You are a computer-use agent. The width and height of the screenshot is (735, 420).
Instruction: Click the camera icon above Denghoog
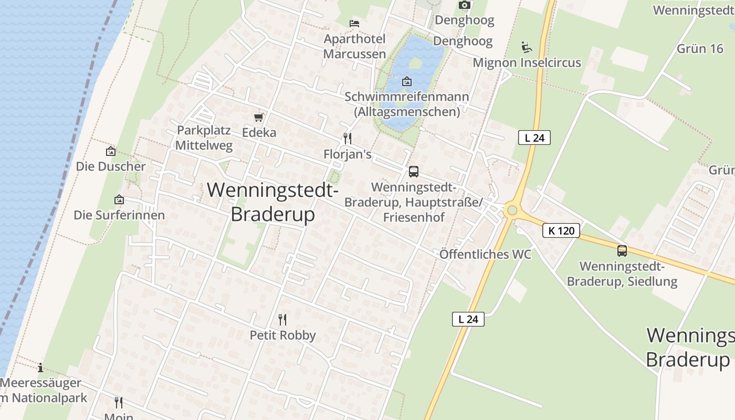464,5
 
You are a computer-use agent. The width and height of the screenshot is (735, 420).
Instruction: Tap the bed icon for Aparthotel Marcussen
354,24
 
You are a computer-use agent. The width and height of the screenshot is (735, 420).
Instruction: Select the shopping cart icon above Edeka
258,117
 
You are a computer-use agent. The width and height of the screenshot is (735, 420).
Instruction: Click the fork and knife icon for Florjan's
347,139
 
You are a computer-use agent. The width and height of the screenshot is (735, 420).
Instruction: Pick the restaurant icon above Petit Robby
282,319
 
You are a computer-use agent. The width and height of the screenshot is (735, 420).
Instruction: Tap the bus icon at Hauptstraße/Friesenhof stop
414,171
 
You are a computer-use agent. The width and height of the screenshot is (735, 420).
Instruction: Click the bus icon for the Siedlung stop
622,251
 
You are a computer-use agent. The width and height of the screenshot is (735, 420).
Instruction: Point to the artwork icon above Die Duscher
111,151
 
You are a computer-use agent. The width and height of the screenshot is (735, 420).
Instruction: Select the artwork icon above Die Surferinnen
119,199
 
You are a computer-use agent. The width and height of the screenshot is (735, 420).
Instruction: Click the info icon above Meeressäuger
40,367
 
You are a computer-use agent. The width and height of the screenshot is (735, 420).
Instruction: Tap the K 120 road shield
561,230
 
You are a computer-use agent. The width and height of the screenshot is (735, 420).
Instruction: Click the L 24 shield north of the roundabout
534,138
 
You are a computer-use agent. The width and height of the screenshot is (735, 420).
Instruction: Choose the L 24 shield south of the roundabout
468,319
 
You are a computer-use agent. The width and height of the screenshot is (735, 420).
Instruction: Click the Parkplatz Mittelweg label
204,138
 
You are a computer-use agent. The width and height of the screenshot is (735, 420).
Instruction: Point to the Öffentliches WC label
485,255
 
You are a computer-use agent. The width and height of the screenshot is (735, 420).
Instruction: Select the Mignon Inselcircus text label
527,63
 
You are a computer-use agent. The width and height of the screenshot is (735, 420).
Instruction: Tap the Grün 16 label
700,49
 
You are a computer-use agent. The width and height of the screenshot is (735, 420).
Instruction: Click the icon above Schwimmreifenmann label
406,81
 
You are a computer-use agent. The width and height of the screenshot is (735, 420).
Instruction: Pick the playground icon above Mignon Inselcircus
527,47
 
